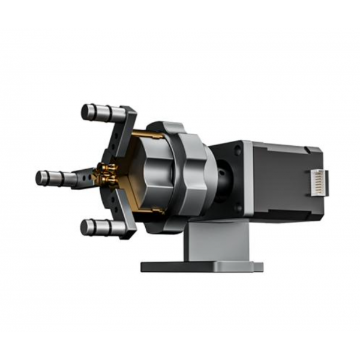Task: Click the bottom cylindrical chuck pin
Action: [x=99, y=227]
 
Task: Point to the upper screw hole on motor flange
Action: [x=238, y=151]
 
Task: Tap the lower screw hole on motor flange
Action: [x=238, y=208]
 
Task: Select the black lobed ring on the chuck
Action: [x=186, y=175]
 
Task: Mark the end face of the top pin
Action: [x=85, y=112]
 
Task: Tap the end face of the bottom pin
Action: [x=84, y=227]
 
